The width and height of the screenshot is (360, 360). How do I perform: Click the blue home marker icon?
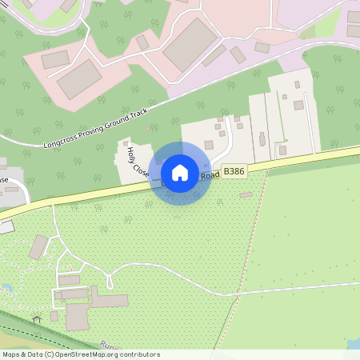click(180, 172)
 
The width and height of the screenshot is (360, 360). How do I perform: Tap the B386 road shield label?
click(234, 171)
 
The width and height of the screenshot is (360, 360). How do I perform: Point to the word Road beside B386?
click(210, 175)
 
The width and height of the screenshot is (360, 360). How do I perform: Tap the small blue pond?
click(6, 287)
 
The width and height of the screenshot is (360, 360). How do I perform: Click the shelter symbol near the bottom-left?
click(36, 319)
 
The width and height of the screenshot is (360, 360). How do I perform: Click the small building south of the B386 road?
click(246, 194)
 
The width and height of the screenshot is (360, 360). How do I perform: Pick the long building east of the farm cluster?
click(110, 301)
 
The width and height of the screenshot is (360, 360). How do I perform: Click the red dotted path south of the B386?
click(240, 264)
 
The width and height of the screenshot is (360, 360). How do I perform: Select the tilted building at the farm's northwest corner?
click(38, 247)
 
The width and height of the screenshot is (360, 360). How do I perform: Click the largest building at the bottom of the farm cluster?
click(77, 317)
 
